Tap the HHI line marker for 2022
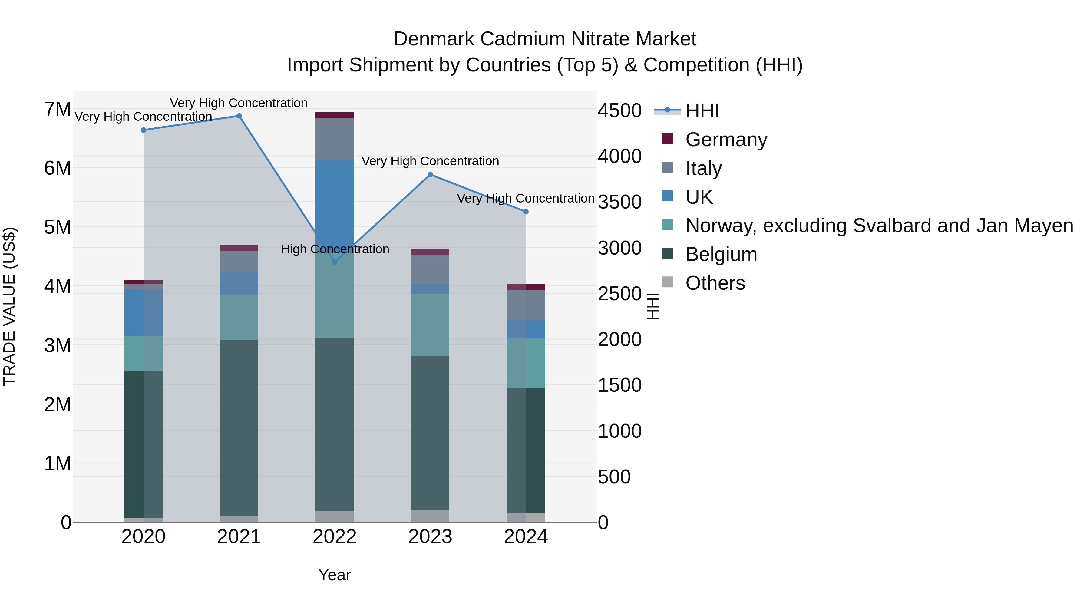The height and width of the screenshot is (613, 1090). click(335, 262)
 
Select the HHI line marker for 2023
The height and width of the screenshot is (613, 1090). click(430, 175)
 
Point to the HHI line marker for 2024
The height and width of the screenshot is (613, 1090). click(526, 212)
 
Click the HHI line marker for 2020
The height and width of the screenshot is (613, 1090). click(144, 130)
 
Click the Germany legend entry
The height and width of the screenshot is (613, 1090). click(726, 140)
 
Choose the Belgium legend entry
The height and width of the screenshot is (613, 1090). click(721, 254)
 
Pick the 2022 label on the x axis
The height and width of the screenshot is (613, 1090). click(335, 537)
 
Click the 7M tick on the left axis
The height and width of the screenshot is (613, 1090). click(58, 109)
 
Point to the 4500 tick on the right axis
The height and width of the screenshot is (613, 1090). click(619, 111)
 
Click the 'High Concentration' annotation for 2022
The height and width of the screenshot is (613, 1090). click(335, 249)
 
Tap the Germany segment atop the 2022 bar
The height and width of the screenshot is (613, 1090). click(335, 115)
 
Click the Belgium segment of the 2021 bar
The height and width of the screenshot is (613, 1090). click(239, 427)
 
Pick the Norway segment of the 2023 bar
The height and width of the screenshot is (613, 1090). click(430, 325)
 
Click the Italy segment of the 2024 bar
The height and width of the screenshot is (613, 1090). click(526, 305)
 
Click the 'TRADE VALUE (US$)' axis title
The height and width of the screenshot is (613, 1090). click(9, 306)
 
